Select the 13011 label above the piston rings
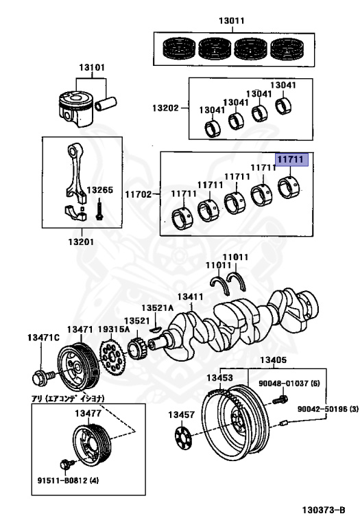point(232,21)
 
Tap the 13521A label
point(158,308)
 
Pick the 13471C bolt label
point(44,337)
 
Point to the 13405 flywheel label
point(272,360)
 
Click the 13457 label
point(182,414)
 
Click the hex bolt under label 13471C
point(39,377)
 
